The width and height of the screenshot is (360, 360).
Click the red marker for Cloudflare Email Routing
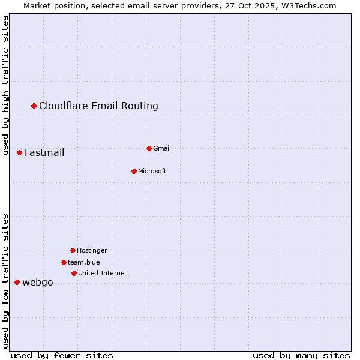[x=34, y=106]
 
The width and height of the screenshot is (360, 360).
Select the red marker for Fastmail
[x=20, y=153]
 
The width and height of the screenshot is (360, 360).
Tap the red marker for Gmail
[x=149, y=148]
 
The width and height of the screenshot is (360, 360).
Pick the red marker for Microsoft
[x=134, y=171]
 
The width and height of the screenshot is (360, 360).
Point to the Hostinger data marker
[x=73, y=250]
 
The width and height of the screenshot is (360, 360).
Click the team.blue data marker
[x=64, y=262]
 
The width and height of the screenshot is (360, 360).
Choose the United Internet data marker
[x=74, y=273]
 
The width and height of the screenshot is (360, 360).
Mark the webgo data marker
[x=17, y=282]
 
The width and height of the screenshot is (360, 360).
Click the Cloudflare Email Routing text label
[x=98, y=106]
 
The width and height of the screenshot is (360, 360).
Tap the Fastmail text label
[x=44, y=153]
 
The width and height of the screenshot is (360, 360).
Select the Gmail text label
[x=162, y=148]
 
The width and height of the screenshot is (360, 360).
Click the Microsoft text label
[x=152, y=171]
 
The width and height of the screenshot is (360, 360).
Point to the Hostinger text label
[x=92, y=250]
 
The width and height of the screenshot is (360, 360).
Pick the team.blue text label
[x=84, y=262]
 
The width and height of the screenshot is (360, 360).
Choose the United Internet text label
[x=103, y=273]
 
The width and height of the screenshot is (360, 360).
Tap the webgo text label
[x=38, y=283]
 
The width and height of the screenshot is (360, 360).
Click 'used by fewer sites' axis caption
[x=62, y=356]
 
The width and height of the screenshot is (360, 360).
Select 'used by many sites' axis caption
[x=301, y=356]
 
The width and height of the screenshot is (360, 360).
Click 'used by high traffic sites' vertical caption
[x=5, y=85]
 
